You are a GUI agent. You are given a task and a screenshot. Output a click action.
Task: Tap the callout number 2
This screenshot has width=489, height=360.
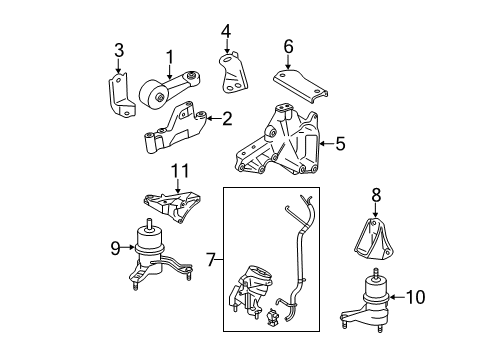(x=227, y=120)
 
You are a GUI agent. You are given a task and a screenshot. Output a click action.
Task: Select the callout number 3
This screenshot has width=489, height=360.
(x=118, y=50)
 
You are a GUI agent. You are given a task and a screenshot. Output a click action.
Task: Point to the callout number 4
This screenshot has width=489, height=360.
(x=226, y=29)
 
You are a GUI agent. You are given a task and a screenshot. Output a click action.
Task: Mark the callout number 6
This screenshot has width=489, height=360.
(x=288, y=46)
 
